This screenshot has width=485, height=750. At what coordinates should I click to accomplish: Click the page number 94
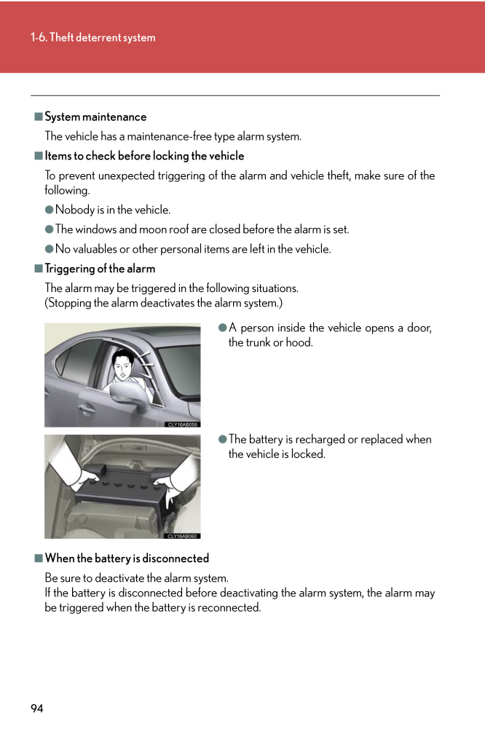tap(37, 708)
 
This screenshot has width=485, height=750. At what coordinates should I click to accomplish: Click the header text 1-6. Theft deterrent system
tap(93, 38)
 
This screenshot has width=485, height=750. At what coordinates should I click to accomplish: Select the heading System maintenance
tap(95, 117)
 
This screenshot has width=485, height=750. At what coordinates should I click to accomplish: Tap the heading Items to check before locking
tap(144, 156)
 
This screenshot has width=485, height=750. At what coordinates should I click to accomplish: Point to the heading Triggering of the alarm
tap(100, 269)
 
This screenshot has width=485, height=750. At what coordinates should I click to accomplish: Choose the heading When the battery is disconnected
tap(127, 558)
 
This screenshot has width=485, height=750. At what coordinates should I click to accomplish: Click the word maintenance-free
tap(160, 136)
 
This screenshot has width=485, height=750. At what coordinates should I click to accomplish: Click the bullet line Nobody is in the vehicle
tap(113, 210)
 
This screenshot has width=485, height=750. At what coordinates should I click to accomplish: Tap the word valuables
tap(96, 249)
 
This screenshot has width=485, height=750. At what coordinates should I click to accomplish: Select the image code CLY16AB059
tap(183, 424)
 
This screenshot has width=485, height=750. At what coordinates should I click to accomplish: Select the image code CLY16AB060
tap(183, 536)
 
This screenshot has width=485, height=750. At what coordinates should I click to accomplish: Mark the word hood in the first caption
tap(299, 342)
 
